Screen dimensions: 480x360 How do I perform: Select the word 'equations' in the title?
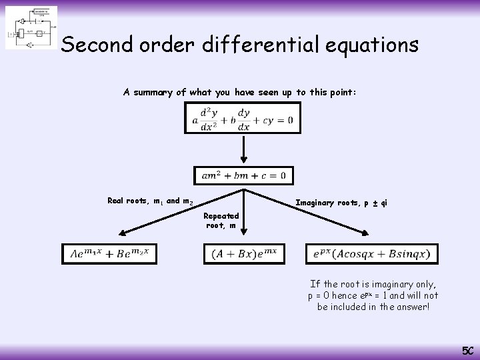tap(373, 45)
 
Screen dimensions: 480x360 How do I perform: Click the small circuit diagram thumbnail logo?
tap(31, 28)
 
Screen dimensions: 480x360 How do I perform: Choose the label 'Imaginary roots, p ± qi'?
tap(341, 203)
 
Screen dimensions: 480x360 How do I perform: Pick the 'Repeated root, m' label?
tap(221, 221)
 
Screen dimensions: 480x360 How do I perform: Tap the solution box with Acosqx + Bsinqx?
tap(372, 253)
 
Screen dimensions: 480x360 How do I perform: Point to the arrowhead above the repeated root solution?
tap(243, 231)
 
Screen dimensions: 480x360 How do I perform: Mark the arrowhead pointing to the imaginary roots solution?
tap(365, 232)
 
